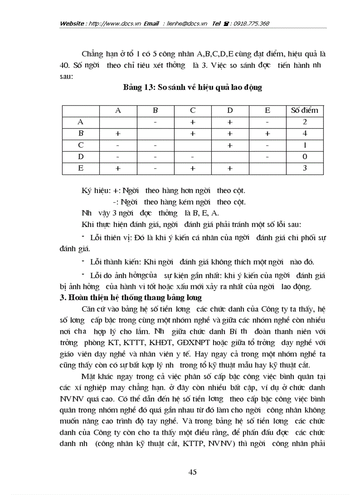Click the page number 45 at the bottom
(192, 472)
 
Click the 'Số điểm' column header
(304, 111)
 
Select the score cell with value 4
(305, 134)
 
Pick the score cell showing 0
(305, 156)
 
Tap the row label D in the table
(81, 156)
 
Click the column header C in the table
(193, 111)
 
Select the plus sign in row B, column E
(267, 134)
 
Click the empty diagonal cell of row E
(267, 168)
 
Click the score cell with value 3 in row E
(305, 168)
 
